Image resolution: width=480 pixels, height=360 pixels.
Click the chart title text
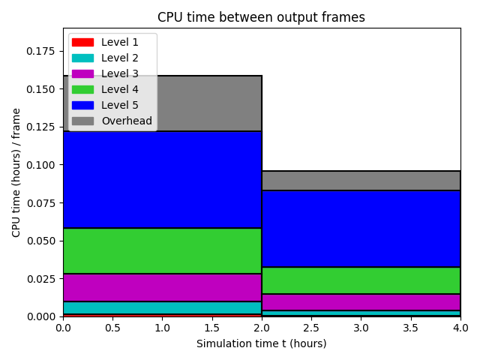[x=261, y=17]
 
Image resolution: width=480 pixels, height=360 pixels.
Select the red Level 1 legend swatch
[x=82, y=42]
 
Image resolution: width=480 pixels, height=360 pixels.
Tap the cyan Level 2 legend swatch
[x=82, y=58]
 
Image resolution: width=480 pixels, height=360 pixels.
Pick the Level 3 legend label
[x=120, y=73]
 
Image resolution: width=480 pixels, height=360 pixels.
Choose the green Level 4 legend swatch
[x=82, y=89]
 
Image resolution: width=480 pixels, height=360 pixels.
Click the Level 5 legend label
[x=120, y=105]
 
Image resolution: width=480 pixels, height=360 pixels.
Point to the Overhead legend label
[x=127, y=121]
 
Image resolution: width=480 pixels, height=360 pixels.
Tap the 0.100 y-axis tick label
[x=40, y=165]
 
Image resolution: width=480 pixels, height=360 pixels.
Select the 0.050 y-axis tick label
[x=40, y=241]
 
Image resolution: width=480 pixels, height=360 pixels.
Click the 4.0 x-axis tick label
[x=460, y=328]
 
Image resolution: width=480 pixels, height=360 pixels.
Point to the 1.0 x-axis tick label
[x=162, y=328]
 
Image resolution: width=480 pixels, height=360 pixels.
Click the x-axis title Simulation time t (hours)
[x=262, y=343]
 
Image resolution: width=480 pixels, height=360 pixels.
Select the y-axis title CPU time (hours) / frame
[x=16, y=172]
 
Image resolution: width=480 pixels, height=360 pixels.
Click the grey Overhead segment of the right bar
[x=361, y=181]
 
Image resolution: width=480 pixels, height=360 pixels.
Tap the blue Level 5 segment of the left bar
[x=162, y=180]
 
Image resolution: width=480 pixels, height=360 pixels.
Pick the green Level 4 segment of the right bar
[x=361, y=280]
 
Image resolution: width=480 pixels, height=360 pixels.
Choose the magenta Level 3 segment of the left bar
[x=162, y=287]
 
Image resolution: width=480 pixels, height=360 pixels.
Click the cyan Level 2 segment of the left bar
[x=162, y=307]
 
